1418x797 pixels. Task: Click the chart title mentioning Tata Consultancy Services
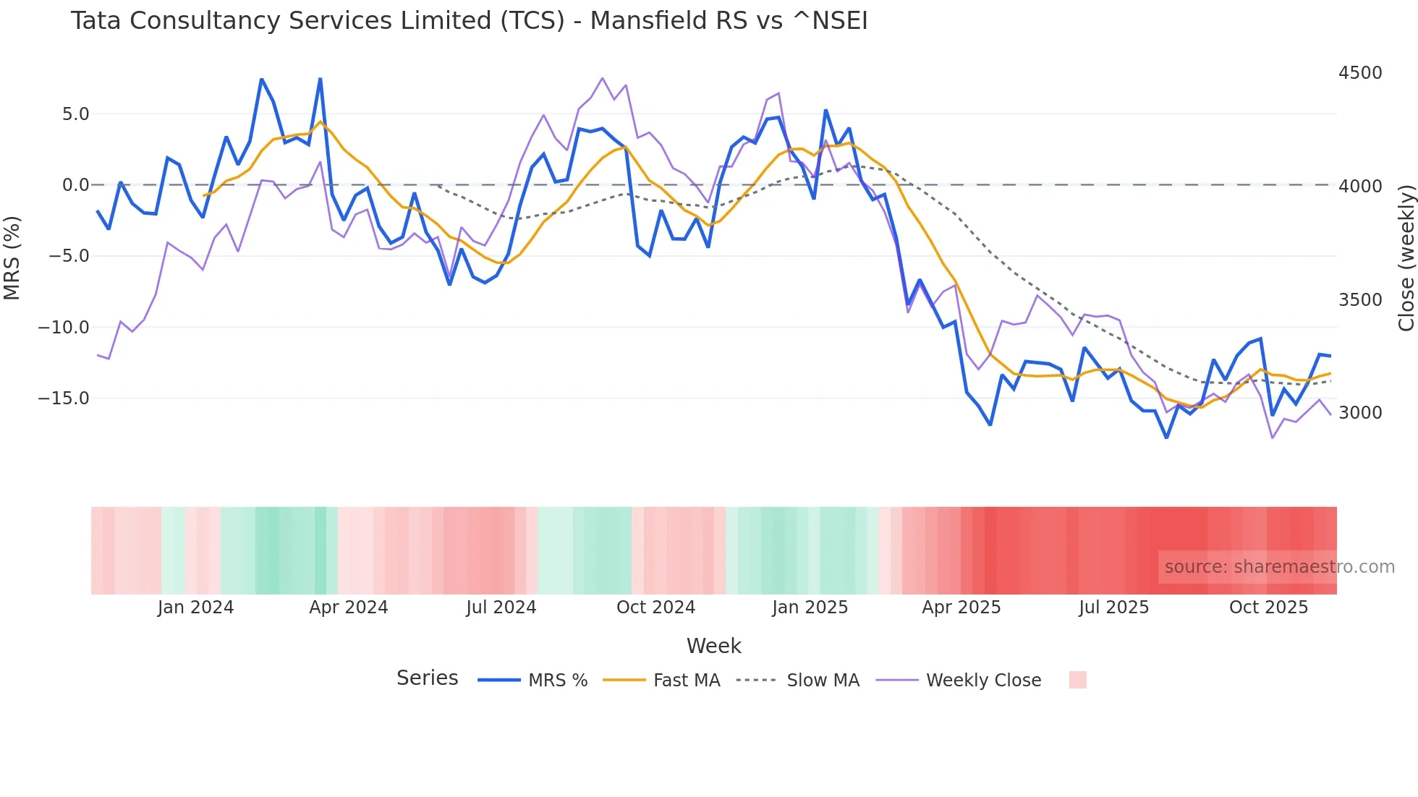tap(469, 21)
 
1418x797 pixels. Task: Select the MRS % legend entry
tap(533, 681)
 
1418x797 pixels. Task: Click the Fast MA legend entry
tap(661, 681)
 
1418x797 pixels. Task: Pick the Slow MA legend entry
tap(798, 681)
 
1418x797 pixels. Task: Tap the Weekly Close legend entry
tap(959, 681)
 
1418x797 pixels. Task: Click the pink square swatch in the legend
tap(1077, 680)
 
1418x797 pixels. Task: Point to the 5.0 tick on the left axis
tap(75, 114)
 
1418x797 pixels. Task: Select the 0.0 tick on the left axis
tap(75, 185)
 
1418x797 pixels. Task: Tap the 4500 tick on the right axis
tap(1359, 73)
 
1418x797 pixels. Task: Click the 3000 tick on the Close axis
tap(1359, 413)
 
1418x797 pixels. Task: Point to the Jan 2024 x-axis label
tap(195, 608)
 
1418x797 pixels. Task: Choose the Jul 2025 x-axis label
tap(1113, 608)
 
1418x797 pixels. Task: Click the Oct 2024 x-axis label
tap(655, 608)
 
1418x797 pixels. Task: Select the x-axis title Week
tap(713, 646)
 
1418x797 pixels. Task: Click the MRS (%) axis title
tap(12, 257)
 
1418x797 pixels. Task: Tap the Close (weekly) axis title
tap(1406, 257)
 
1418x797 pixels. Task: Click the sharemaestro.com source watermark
tap(1279, 567)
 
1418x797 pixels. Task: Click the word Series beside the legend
tap(427, 678)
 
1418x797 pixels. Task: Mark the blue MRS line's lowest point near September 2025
tap(1166, 437)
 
